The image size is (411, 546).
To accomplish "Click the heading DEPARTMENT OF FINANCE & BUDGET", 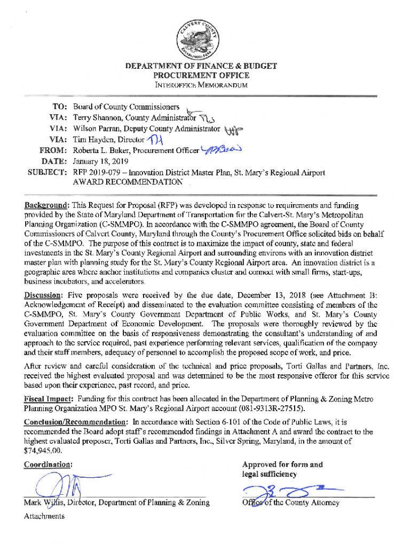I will (201, 67).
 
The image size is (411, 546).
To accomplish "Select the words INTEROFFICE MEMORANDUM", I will (201, 85).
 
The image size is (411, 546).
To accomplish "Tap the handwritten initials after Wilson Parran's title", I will (233, 130).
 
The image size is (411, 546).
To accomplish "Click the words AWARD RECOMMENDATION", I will (128, 183).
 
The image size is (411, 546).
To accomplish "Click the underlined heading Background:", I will (46, 205).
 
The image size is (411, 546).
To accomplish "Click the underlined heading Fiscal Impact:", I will (49, 399).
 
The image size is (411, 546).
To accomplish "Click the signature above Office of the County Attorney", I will (288, 492).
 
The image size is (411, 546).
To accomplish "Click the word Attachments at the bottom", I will (44, 516).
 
